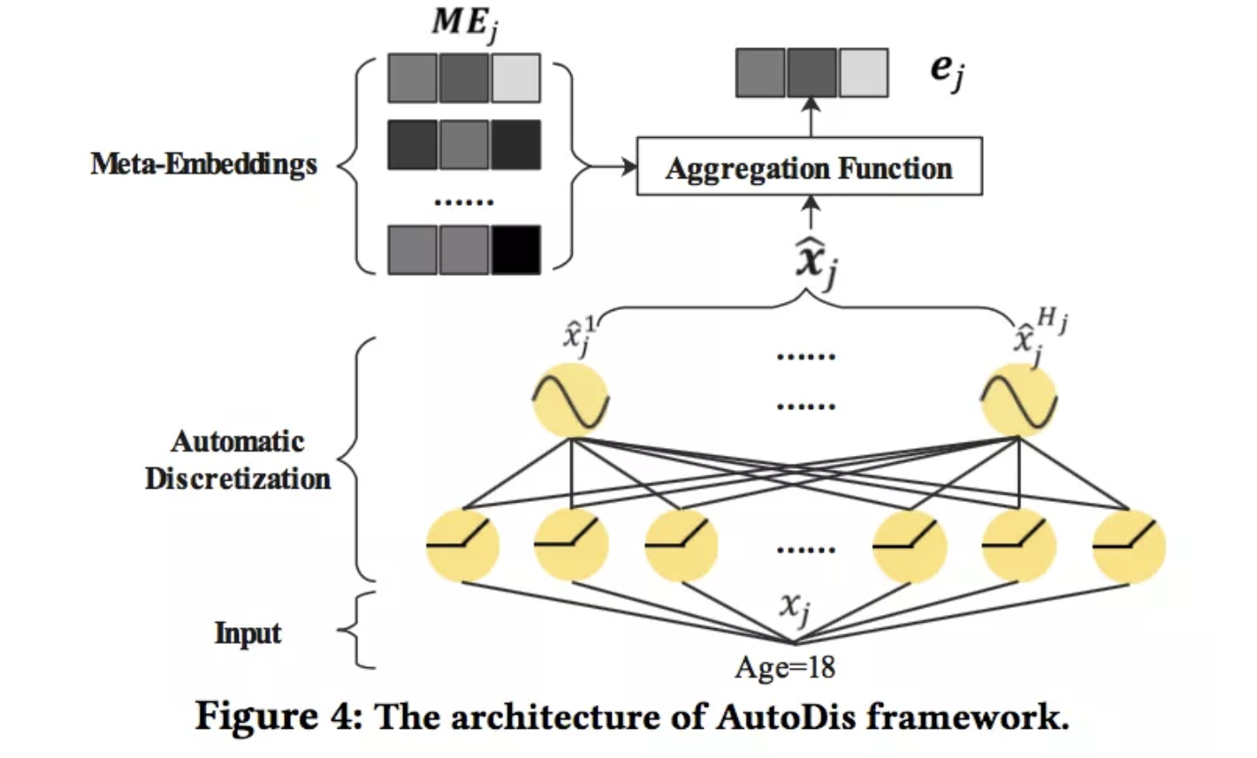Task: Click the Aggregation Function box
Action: [x=809, y=166]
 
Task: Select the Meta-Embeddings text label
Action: [x=203, y=164]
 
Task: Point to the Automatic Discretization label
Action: [x=238, y=460]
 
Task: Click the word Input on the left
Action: [x=248, y=633]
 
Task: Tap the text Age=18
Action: [x=784, y=667]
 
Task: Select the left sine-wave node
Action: [x=570, y=399]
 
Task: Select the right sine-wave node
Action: [x=1020, y=399]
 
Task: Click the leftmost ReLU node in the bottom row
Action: [x=462, y=545]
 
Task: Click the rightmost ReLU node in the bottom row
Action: [x=1129, y=545]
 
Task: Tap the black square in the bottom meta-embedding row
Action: [x=516, y=250]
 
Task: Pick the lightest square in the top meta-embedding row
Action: [x=516, y=78]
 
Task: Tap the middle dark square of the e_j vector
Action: [x=812, y=72]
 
